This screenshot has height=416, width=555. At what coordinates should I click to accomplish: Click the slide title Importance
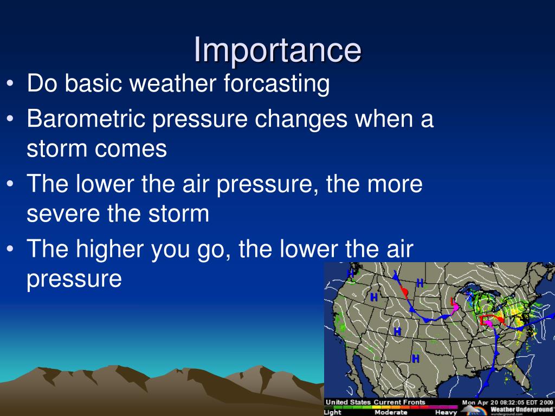tap(277, 50)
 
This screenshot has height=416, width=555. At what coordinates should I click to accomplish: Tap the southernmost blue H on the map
tap(415, 358)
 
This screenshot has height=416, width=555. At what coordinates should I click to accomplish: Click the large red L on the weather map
tap(483, 320)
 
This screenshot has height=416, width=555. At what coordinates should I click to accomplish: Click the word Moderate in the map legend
tap(391, 412)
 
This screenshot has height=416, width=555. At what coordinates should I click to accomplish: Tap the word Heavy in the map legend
tap(446, 412)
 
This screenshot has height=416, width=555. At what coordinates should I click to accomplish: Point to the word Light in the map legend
tap(333, 412)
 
